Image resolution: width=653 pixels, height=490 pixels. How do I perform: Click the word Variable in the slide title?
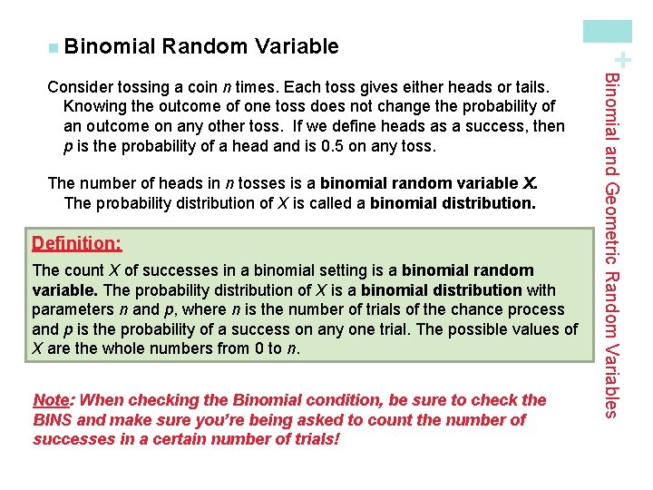[x=297, y=46]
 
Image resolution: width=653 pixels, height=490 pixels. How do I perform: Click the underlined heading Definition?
[x=76, y=244]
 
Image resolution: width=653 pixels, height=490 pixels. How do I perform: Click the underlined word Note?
[x=50, y=400]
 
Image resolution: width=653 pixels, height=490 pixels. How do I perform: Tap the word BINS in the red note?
[x=52, y=420]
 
